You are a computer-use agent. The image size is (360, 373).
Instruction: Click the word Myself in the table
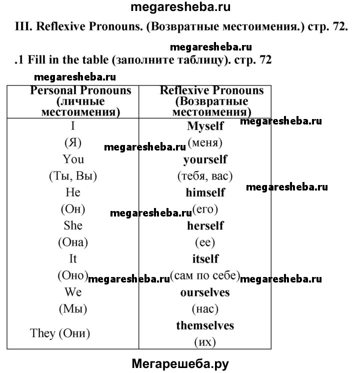click(x=205, y=126)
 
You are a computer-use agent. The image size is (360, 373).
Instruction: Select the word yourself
click(x=205, y=159)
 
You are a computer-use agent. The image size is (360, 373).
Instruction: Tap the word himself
click(x=205, y=192)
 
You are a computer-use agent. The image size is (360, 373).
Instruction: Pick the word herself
click(x=205, y=225)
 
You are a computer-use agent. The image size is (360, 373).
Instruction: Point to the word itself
click(x=205, y=259)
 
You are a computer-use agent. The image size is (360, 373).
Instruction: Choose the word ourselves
click(x=205, y=292)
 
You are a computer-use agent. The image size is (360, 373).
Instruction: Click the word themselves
click(x=205, y=325)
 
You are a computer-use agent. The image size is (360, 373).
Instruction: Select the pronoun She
click(x=73, y=225)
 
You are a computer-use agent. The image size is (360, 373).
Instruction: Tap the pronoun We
click(x=73, y=292)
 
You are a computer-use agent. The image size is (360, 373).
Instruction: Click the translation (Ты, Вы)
click(x=73, y=176)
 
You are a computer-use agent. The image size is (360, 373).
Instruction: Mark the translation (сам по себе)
click(x=205, y=275)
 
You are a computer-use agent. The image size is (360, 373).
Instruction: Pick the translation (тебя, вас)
click(x=205, y=176)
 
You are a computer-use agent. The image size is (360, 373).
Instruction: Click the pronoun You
click(x=73, y=159)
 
